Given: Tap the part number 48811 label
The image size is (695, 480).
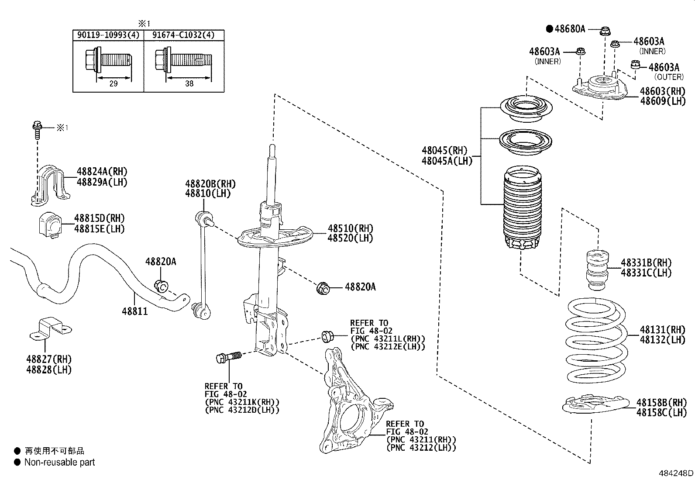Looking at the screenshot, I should pyautogui.click(x=134, y=311).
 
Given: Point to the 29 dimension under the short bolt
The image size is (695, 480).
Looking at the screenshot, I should pyautogui.click(x=114, y=84).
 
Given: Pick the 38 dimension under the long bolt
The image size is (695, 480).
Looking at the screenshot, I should pyautogui.click(x=189, y=84).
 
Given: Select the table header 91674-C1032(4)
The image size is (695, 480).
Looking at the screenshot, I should pyautogui.click(x=184, y=35).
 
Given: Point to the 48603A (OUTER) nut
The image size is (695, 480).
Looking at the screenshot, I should pyautogui.click(x=636, y=66).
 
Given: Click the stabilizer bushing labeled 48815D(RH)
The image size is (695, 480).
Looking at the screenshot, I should pyautogui.click(x=48, y=225).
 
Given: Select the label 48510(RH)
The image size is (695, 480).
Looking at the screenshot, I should pyautogui.click(x=351, y=228).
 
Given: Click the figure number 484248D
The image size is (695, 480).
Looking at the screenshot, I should pyautogui.click(x=676, y=473).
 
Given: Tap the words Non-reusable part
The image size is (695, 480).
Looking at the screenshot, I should pyautogui.click(x=59, y=463).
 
